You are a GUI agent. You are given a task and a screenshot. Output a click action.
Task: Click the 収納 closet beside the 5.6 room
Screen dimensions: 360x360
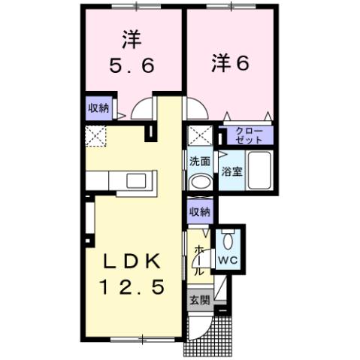tap(98, 108)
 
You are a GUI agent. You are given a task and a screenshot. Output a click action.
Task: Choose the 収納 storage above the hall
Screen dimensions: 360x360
tap(199, 211)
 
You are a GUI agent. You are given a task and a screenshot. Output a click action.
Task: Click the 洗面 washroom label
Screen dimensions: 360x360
tap(199, 161)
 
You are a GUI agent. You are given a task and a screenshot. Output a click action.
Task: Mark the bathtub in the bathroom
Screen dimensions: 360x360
tap(259, 171)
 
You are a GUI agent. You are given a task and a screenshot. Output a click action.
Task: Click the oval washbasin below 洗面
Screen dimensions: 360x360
tap(199, 183)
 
